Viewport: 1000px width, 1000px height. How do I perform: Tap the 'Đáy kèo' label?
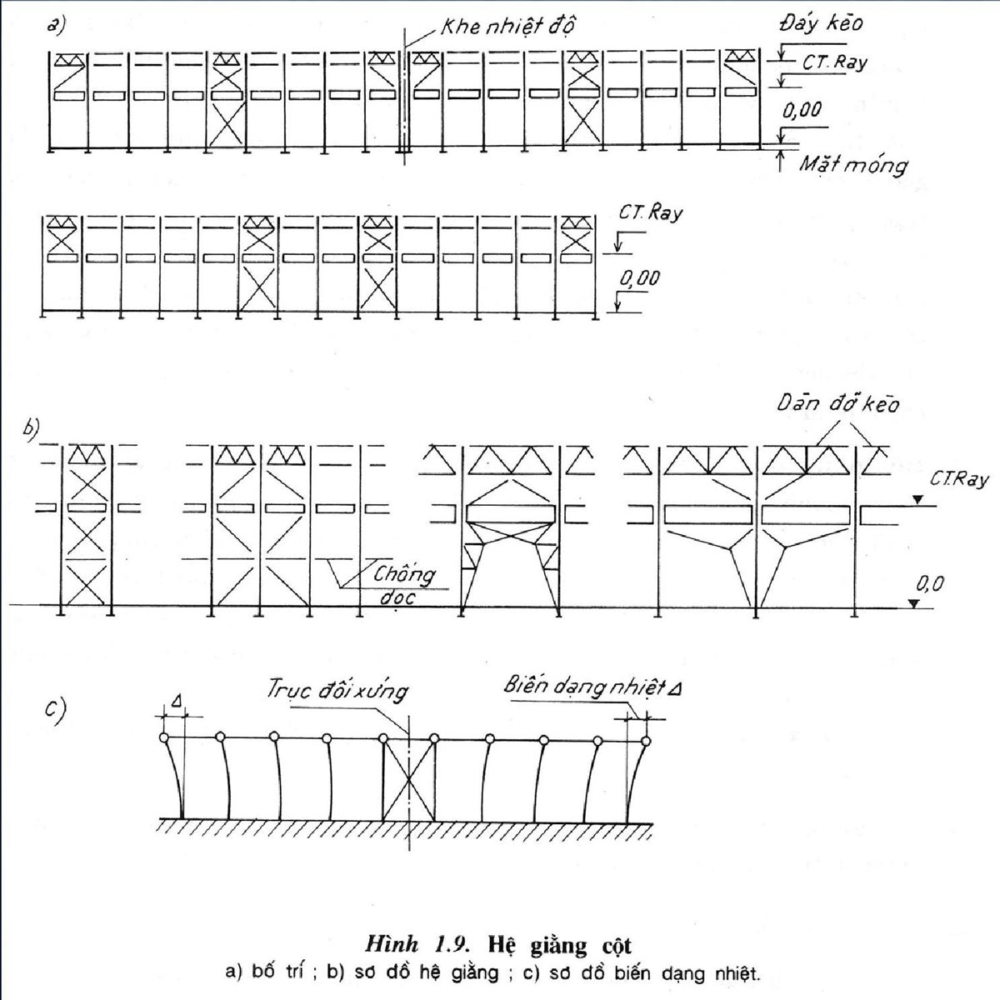pos(821,22)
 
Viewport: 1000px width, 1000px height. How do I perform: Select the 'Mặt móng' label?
pos(853,165)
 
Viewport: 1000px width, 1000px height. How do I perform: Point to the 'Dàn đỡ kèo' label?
pos(837,403)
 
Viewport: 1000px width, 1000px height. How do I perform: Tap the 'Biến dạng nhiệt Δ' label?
pos(592,687)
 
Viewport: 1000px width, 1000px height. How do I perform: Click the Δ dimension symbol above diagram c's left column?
pos(177,702)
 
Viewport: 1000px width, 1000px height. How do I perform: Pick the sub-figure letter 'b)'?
pos(32,430)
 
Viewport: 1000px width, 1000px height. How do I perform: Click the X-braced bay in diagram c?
pos(409,779)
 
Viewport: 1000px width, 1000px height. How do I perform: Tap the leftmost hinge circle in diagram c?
pos(164,737)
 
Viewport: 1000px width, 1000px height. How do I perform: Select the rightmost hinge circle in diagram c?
pos(646,741)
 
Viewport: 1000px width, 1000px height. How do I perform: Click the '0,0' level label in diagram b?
pos(930,585)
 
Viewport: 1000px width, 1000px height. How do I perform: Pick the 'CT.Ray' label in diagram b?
pos(959,479)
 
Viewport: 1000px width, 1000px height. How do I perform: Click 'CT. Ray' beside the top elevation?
pos(835,62)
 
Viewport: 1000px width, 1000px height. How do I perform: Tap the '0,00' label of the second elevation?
pos(640,278)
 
